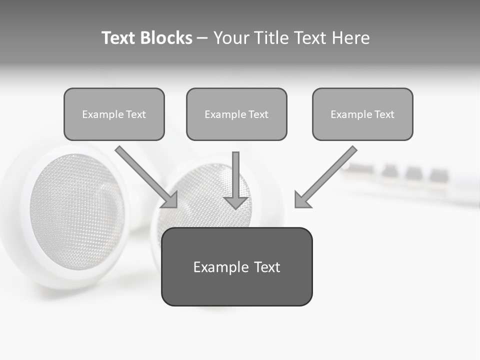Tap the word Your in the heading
click(230, 38)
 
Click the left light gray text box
click(114, 114)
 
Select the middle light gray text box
click(236, 114)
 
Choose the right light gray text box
click(362, 114)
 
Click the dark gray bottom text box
click(236, 266)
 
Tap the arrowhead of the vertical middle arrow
click(236, 202)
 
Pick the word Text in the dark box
click(267, 267)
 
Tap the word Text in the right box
click(384, 114)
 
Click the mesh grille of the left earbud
click(75, 210)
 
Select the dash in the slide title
click(203, 38)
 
